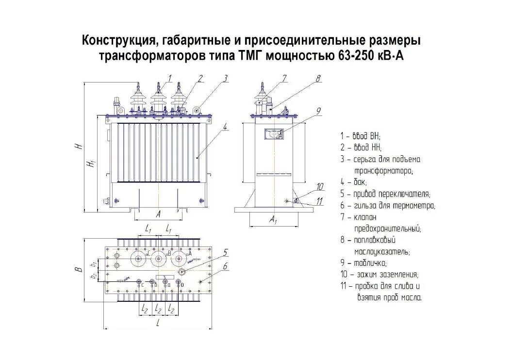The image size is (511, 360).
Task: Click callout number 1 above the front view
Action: [x=170, y=78]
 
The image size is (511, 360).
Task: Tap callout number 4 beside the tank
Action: [x=226, y=127]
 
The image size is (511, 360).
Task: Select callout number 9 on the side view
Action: [x=318, y=111]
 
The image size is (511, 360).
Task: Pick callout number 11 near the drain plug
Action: [x=319, y=200]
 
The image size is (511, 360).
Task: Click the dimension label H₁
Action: [x=90, y=164]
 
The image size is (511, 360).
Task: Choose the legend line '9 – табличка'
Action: [x=364, y=263]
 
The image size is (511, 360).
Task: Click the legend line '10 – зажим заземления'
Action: [x=379, y=275]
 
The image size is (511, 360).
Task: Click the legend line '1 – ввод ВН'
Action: [x=361, y=136]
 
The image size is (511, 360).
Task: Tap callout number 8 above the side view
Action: [x=318, y=78]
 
